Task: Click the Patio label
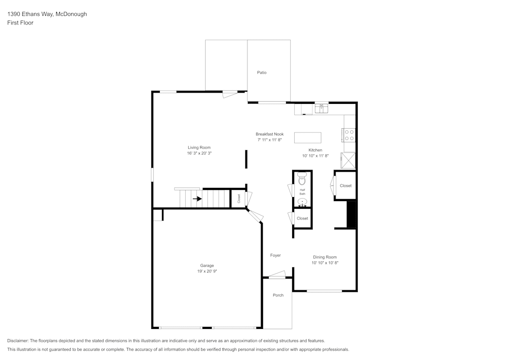pyautogui.click(x=262, y=73)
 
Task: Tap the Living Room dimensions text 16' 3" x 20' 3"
pyautogui.click(x=199, y=153)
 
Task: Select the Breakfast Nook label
pyautogui.click(x=270, y=134)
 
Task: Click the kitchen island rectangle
pyautogui.click(x=308, y=137)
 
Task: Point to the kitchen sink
pyautogui.click(x=321, y=108)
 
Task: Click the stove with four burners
pyautogui.click(x=349, y=135)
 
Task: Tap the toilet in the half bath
pyautogui.click(x=302, y=179)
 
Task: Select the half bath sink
pyautogui.click(x=302, y=203)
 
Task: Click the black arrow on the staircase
pyautogui.click(x=197, y=199)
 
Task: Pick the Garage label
pyautogui.click(x=207, y=266)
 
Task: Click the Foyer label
pyautogui.click(x=275, y=256)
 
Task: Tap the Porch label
pyautogui.click(x=278, y=295)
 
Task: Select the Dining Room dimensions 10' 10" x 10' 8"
pyautogui.click(x=325, y=263)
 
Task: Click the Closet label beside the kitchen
pyautogui.click(x=346, y=186)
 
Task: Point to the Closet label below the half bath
pyautogui.click(x=302, y=218)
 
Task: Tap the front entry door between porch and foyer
pyautogui.click(x=277, y=276)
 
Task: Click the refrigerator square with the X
pyautogui.click(x=349, y=160)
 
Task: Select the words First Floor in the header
pyautogui.click(x=20, y=23)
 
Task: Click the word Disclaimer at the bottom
pyautogui.click(x=18, y=341)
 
